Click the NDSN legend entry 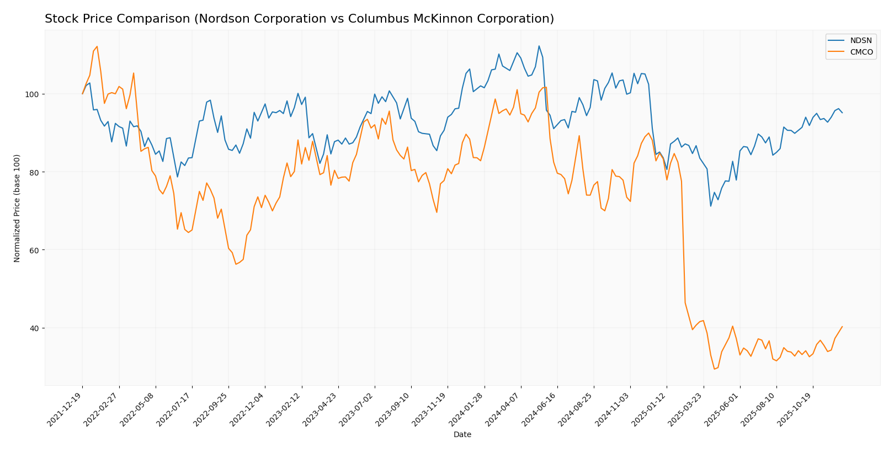[x=861, y=40]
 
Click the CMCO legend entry [x=861, y=52]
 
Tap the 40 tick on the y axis [x=36, y=328]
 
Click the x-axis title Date [x=462, y=435]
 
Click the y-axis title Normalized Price [x=17, y=208]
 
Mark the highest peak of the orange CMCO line [x=97, y=46]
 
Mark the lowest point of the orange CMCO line [x=714, y=369]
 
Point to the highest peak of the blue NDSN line [x=539, y=46]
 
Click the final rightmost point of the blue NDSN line [x=842, y=113]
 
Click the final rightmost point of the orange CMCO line [x=842, y=326]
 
